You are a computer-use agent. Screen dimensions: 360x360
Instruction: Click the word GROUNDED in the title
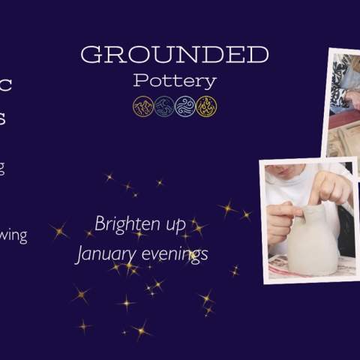tap(174, 55)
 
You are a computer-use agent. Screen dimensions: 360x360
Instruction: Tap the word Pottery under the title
tap(174, 80)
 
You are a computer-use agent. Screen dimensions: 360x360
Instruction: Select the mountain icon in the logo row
tap(142, 106)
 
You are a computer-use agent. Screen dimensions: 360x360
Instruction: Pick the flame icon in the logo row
tap(206, 106)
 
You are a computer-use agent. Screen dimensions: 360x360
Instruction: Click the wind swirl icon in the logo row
tap(185, 106)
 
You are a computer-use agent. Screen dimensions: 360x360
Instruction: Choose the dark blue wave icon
tap(163, 106)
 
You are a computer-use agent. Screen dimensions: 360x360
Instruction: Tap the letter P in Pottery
tap(139, 80)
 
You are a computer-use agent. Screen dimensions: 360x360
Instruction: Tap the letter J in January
tap(80, 254)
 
